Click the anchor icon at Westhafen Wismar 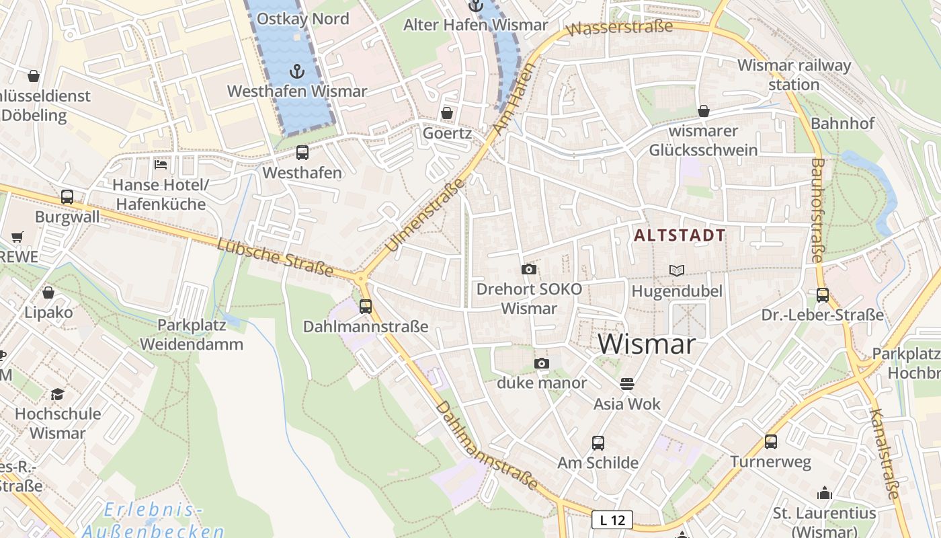click(x=296, y=71)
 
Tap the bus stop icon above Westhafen click(x=302, y=153)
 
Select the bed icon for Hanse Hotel click(x=161, y=164)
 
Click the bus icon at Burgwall click(x=67, y=197)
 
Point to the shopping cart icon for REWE click(x=17, y=237)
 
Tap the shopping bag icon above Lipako click(x=48, y=293)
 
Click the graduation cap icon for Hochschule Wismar click(x=58, y=394)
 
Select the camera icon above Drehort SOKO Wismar click(x=529, y=270)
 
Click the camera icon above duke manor click(x=542, y=364)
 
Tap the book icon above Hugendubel click(x=677, y=270)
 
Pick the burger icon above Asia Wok click(x=627, y=384)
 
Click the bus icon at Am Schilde click(x=598, y=443)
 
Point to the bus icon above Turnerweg click(x=771, y=442)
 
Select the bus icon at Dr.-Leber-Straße click(x=822, y=295)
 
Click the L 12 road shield click(x=612, y=520)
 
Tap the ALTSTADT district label click(x=680, y=235)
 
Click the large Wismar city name click(x=646, y=344)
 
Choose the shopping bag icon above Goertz click(x=446, y=113)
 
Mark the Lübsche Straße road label click(x=275, y=257)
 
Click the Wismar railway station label click(x=794, y=75)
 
